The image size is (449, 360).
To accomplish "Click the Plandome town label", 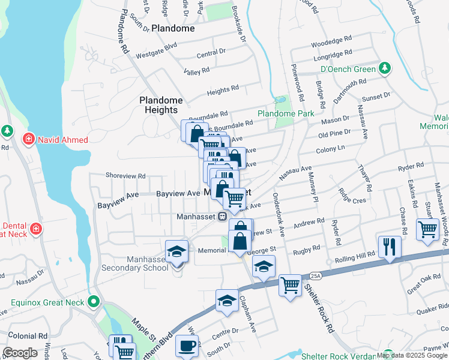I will pos(173,28).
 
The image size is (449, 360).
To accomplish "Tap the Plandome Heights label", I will pos(158,105).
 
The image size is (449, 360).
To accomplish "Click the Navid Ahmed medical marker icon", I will pos(28,140).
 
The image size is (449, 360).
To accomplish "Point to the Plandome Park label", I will pos(286,113).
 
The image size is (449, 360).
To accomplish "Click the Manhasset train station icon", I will pos(222,216).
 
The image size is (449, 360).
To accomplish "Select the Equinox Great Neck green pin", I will pos(93,301).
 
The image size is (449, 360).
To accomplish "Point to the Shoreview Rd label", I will pos(125,176).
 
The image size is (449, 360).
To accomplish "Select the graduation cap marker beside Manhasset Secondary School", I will pos(177,251).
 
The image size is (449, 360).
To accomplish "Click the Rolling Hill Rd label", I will pos(355,256).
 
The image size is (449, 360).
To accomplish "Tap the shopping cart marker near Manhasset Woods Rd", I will pos(427,229).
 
